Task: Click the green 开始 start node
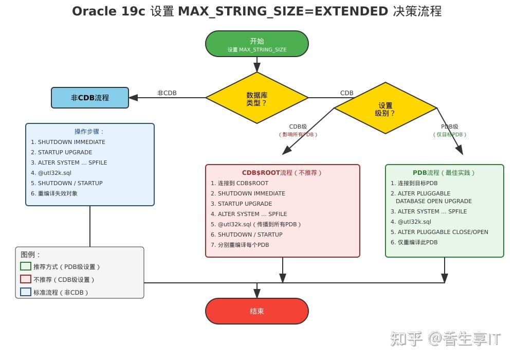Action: [256, 44]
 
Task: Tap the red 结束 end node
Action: [256, 311]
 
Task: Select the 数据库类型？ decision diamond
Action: [256, 98]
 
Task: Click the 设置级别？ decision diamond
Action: [385, 109]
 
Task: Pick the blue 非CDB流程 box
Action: [90, 98]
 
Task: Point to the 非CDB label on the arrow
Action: [167, 93]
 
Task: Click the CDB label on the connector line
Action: [347, 93]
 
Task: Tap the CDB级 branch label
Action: [298, 127]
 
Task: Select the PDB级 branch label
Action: [450, 127]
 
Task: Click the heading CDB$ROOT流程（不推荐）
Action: [282, 173]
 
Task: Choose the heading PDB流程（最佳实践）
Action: [444, 173]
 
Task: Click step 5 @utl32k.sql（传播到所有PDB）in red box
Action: [255, 224]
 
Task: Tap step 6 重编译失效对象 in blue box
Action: [54, 193]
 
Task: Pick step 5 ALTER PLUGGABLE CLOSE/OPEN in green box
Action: [439, 232]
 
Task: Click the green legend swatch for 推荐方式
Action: [26, 266]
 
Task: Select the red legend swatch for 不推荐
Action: [26, 279]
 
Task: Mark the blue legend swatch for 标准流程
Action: [26, 292]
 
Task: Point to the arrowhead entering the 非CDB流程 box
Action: [133, 98]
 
